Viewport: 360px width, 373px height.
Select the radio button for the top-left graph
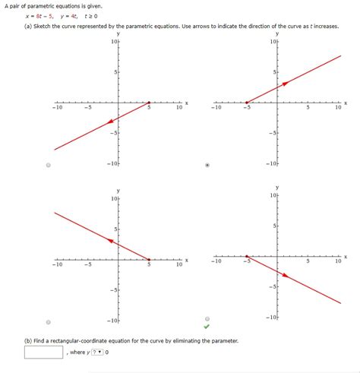[x=49, y=165]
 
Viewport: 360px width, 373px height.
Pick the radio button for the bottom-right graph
[x=207, y=319]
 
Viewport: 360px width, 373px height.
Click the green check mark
[x=207, y=327]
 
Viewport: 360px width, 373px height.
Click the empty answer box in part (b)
[x=44, y=352]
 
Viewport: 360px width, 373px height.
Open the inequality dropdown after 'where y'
[x=98, y=352]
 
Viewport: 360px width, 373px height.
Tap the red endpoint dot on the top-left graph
[x=149, y=103]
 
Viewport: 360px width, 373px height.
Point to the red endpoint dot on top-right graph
[x=246, y=103]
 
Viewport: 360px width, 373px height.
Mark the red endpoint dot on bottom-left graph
[x=149, y=259]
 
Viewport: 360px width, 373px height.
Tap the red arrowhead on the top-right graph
[x=283, y=84]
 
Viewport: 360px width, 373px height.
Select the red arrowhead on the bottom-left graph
[x=112, y=241]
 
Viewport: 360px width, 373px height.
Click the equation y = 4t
[x=75, y=14]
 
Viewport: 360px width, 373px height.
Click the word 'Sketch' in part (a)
[x=45, y=25]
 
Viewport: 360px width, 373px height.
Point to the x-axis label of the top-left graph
[x=185, y=103]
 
